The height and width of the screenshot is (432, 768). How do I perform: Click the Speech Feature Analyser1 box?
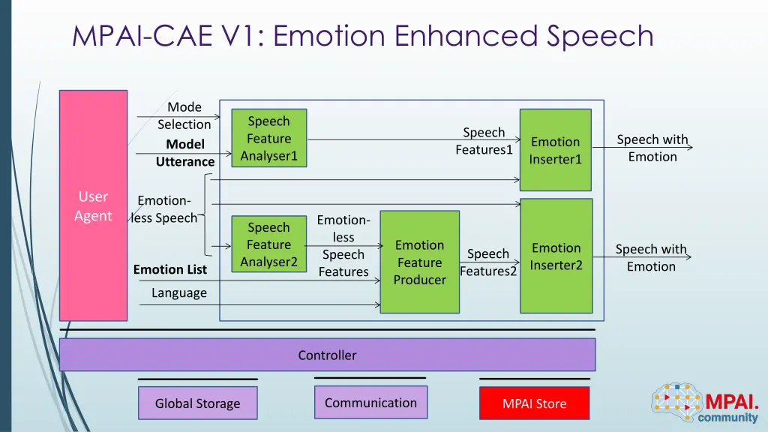[268, 139]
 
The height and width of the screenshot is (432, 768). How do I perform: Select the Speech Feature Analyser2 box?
[268, 244]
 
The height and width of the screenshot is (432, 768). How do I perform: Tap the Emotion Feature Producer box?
[419, 262]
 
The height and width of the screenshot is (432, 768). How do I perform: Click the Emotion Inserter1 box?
[555, 150]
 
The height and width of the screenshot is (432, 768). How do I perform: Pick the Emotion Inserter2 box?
[556, 256]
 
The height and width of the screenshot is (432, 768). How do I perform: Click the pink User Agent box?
[93, 205]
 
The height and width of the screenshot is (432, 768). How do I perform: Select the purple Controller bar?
[327, 355]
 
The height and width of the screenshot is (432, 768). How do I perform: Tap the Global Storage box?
[197, 403]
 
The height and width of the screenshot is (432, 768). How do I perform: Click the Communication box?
[370, 403]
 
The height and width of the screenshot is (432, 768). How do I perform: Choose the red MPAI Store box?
[534, 403]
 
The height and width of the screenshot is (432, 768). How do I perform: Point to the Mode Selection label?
[184, 116]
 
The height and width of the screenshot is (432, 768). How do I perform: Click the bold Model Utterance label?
[185, 153]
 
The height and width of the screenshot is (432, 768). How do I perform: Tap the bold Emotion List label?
[170, 269]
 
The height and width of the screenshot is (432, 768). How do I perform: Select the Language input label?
[178, 292]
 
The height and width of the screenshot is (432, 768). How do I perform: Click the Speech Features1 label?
[484, 141]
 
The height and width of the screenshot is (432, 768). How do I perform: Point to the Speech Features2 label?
[488, 262]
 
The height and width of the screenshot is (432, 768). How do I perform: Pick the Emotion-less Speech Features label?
[343, 246]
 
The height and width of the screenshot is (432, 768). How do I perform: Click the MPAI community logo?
[705, 403]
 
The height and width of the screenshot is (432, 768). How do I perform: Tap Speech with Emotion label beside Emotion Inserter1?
[652, 148]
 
